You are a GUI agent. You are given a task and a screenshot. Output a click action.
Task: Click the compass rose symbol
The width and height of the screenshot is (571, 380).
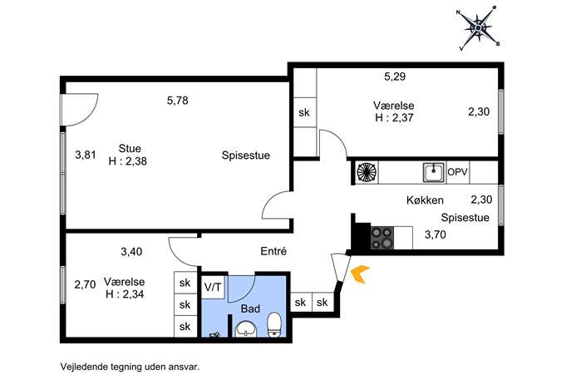click(x=478, y=28)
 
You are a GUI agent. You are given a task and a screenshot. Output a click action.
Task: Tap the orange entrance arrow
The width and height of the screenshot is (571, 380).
click(x=359, y=274)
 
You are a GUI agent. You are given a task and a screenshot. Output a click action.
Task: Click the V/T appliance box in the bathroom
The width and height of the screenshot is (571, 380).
click(x=213, y=287)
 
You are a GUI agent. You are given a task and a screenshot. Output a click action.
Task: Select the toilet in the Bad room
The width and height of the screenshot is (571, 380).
click(x=274, y=324)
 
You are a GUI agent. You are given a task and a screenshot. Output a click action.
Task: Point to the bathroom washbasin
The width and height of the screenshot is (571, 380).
click(x=246, y=329)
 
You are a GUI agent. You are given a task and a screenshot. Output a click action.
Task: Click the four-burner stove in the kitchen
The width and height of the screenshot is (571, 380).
click(x=382, y=238)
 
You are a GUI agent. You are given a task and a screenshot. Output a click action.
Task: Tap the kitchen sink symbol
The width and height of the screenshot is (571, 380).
click(x=433, y=172)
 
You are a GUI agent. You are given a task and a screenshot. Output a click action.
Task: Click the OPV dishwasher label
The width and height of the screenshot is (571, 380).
click(x=457, y=172)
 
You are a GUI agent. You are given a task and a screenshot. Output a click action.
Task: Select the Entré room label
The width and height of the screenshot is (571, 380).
click(x=273, y=251)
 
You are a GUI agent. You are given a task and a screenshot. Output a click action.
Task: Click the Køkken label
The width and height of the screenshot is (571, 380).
click(x=425, y=200)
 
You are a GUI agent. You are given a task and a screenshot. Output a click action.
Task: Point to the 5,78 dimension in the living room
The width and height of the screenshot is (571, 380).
click(x=178, y=101)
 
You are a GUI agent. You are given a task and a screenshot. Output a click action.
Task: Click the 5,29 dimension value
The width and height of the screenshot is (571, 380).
click(x=395, y=76)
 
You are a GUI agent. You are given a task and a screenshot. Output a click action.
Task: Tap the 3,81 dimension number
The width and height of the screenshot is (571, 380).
click(x=86, y=155)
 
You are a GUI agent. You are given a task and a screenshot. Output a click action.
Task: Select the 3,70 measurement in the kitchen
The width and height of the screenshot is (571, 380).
click(x=436, y=234)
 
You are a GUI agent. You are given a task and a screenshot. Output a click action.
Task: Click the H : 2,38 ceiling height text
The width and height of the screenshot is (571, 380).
click(x=128, y=161)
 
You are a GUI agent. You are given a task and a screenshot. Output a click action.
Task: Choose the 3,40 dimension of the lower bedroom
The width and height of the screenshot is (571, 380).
click(x=131, y=252)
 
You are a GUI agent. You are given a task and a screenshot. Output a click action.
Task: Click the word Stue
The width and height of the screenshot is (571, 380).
click(x=130, y=149)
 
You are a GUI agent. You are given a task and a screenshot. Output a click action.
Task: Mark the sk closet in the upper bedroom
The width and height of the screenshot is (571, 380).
click(x=304, y=112)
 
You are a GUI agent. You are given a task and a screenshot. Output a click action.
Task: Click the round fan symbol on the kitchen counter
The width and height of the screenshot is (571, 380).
click(x=367, y=172)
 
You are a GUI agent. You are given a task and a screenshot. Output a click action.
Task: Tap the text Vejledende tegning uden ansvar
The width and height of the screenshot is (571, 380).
click(x=130, y=367)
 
